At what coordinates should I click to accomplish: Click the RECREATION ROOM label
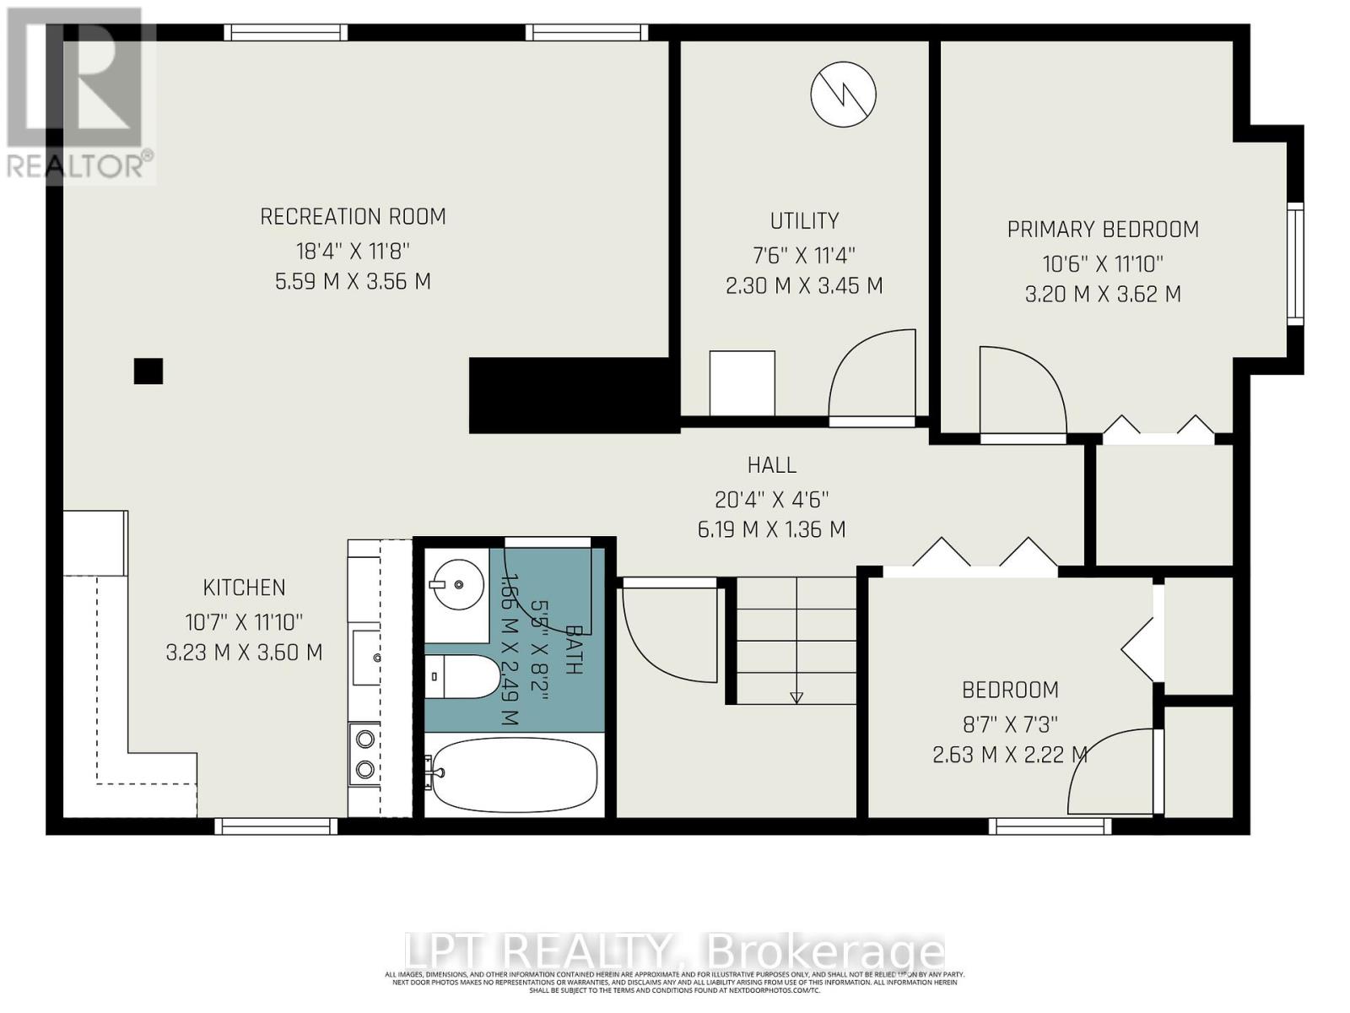(x=353, y=217)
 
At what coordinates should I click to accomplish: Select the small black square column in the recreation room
(x=148, y=371)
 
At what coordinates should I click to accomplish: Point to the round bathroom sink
(x=456, y=582)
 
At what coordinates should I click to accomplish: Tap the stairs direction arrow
(x=796, y=697)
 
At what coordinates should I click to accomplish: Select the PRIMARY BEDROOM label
(x=1103, y=230)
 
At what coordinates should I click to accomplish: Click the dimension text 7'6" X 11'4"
(x=804, y=255)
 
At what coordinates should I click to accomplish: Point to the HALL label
(x=771, y=465)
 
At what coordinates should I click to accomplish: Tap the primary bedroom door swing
(x=1022, y=393)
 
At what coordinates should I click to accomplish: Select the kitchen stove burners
(x=364, y=754)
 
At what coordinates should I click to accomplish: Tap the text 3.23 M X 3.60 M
(x=245, y=653)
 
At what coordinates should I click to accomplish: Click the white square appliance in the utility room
(x=742, y=383)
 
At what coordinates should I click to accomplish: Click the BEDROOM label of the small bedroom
(x=1010, y=691)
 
